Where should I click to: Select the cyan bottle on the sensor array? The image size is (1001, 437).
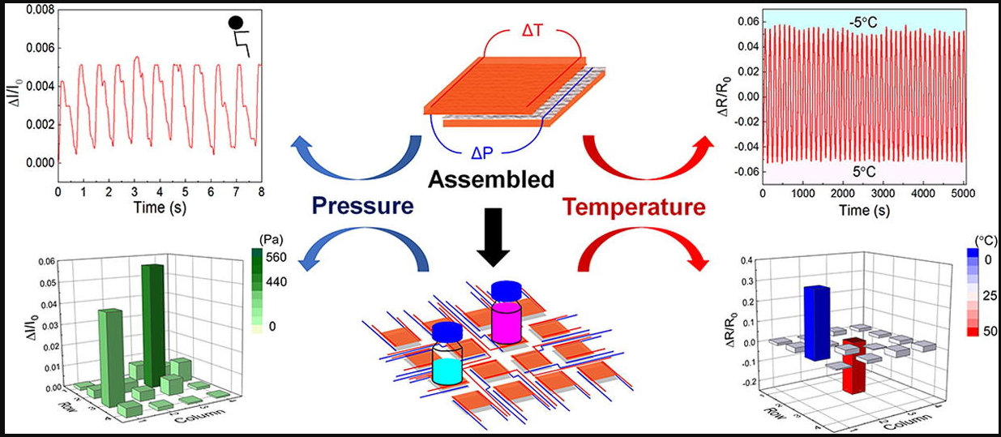pos(447,360)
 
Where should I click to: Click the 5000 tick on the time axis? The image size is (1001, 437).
pos(960,195)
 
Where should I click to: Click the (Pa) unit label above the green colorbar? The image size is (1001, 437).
pos(267,241)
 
